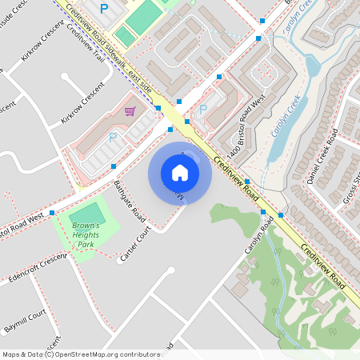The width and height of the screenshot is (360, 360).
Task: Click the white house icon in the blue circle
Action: click(179, 172)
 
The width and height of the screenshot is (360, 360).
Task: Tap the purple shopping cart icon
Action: click(130, 112)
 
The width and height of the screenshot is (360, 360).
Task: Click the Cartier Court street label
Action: click(135, 244)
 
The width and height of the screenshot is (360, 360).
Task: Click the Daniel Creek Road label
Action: click(323, 163)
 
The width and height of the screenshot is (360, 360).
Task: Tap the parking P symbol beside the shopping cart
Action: click(113, 138)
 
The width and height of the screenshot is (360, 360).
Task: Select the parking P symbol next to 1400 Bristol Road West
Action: click(202, 109)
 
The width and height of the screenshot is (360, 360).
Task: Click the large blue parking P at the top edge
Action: click(103, 9)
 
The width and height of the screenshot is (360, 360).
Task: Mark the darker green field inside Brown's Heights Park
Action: click(86, 213)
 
